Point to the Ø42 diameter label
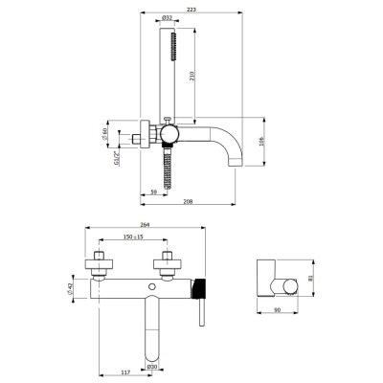(x=71, y=285)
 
